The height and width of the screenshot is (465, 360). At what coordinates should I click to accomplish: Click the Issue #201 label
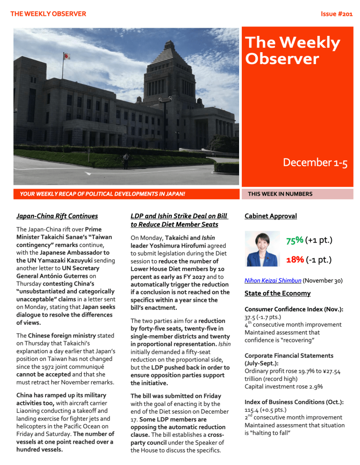point(336,14)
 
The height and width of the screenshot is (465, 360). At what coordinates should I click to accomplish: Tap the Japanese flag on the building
point(66,57)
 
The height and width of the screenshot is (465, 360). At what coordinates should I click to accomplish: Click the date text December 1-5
point(315,163)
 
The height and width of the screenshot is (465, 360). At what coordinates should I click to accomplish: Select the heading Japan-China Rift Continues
point(57,216)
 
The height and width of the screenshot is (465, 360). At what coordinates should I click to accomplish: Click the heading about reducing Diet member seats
point(179,220)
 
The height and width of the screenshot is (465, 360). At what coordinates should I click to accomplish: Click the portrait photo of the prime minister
point(262,249)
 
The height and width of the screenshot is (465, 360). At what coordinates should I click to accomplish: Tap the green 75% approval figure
point(294,240)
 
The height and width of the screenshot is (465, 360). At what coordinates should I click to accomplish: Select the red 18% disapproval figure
point(294,259)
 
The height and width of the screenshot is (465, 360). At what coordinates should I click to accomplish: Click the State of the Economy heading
point(277,293)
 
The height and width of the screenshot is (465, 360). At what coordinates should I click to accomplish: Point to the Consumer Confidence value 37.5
point(250,317)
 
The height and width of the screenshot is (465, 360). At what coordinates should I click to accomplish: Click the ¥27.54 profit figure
point(334,371)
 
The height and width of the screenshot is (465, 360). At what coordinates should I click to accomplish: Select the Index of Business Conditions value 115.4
point(252,410)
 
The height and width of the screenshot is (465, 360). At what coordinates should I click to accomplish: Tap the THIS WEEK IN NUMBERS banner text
point(280,194)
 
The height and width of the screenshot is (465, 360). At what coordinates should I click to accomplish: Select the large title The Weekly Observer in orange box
point(293,50)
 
